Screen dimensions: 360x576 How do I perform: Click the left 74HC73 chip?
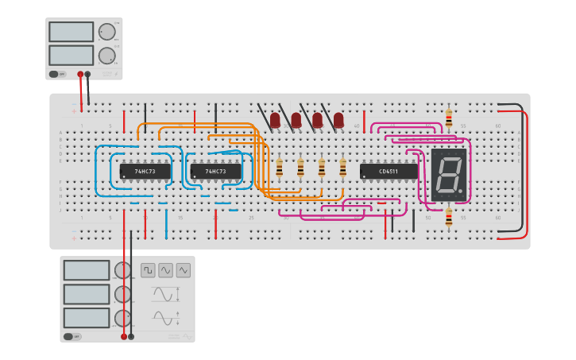click(145, 171)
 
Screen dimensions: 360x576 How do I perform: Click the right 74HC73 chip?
click(215, 171)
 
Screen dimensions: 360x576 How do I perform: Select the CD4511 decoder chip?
click(388, 171)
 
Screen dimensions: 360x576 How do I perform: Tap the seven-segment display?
click(449, 174)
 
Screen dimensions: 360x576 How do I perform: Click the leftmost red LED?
click(275, 120)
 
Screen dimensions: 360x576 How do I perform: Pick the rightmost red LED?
click(338, 120)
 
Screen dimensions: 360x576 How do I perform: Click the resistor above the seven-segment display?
click(449, 118)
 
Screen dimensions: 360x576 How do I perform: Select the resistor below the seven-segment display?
click(449, 216)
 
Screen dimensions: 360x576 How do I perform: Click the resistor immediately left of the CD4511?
click(342, 167)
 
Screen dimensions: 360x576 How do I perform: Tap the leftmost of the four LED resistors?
click(279, 167)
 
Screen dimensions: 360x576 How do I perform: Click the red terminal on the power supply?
click(80, 74)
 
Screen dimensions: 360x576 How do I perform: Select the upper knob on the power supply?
click(106, 32)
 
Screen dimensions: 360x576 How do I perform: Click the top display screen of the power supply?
click(71, 32)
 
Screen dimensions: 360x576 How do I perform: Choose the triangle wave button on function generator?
click(184, 270)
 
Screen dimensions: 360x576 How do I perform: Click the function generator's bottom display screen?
click(86, 318)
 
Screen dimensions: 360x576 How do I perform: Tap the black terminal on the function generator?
click(131, 336)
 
